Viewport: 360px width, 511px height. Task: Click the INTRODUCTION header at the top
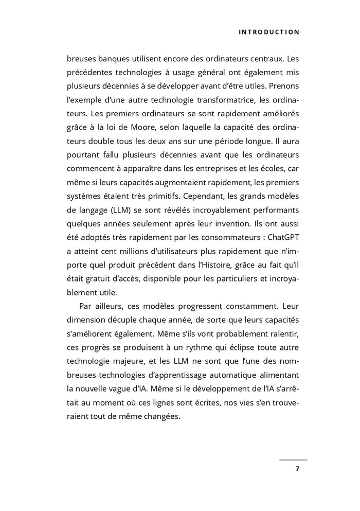tap(268, 32)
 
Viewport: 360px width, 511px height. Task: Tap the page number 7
tap(297, 469)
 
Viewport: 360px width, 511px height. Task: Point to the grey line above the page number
tap(293, 460)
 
